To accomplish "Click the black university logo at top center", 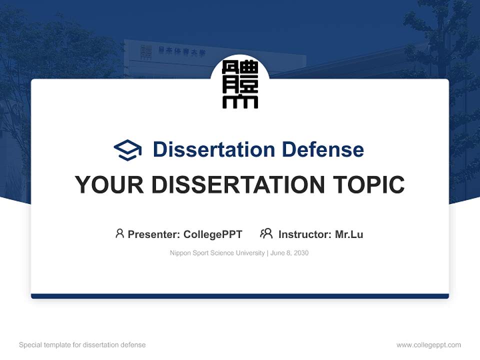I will coord(240,84).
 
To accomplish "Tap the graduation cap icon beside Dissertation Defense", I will coord(127,149).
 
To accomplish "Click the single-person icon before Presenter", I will coord(119,233).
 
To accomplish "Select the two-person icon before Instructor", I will coord(266,233).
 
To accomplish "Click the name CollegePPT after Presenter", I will coord(213,234).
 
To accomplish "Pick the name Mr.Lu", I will coord(349,234).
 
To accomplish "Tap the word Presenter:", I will coord(154,234).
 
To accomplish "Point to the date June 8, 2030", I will coord(289,253).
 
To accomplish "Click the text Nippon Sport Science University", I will coord(217,253).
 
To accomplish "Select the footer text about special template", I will coord(82,345).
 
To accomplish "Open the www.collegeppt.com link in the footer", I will coord(428,345).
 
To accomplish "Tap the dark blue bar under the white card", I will coord(240,296).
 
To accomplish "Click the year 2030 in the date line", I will coord(301,253).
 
